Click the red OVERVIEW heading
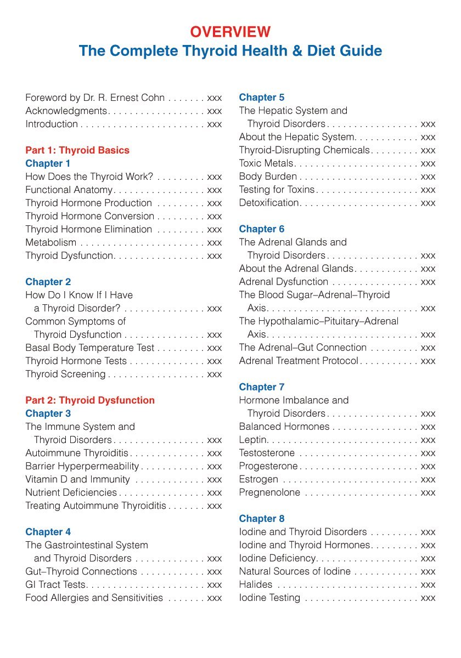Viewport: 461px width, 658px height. coord(231,32)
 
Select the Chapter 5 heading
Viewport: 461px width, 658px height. coord(262,98)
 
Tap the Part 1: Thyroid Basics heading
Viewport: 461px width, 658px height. coord(77,150)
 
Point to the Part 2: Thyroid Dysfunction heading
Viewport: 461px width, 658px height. coord(90,400)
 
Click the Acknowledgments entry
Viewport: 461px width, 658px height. coord(66,111)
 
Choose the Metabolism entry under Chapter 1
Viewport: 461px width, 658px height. coord(51,242)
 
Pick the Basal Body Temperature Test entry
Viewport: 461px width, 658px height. coord(90,348)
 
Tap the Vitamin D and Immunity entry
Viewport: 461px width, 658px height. coord(77,479)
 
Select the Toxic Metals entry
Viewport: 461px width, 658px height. coord(267,163)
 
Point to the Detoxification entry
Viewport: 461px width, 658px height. coord(269,203)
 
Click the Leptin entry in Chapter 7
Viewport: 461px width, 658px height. coord(253,440)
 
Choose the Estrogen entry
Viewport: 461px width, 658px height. coord(258,479)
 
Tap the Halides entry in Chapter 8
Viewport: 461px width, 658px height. coord(256,585)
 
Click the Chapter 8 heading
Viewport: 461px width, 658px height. coord(262,519)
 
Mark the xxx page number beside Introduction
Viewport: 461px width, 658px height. coord(215,124)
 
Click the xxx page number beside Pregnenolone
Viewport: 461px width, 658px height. coord(428,492)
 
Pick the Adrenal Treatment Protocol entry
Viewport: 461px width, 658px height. coord(299,361)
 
